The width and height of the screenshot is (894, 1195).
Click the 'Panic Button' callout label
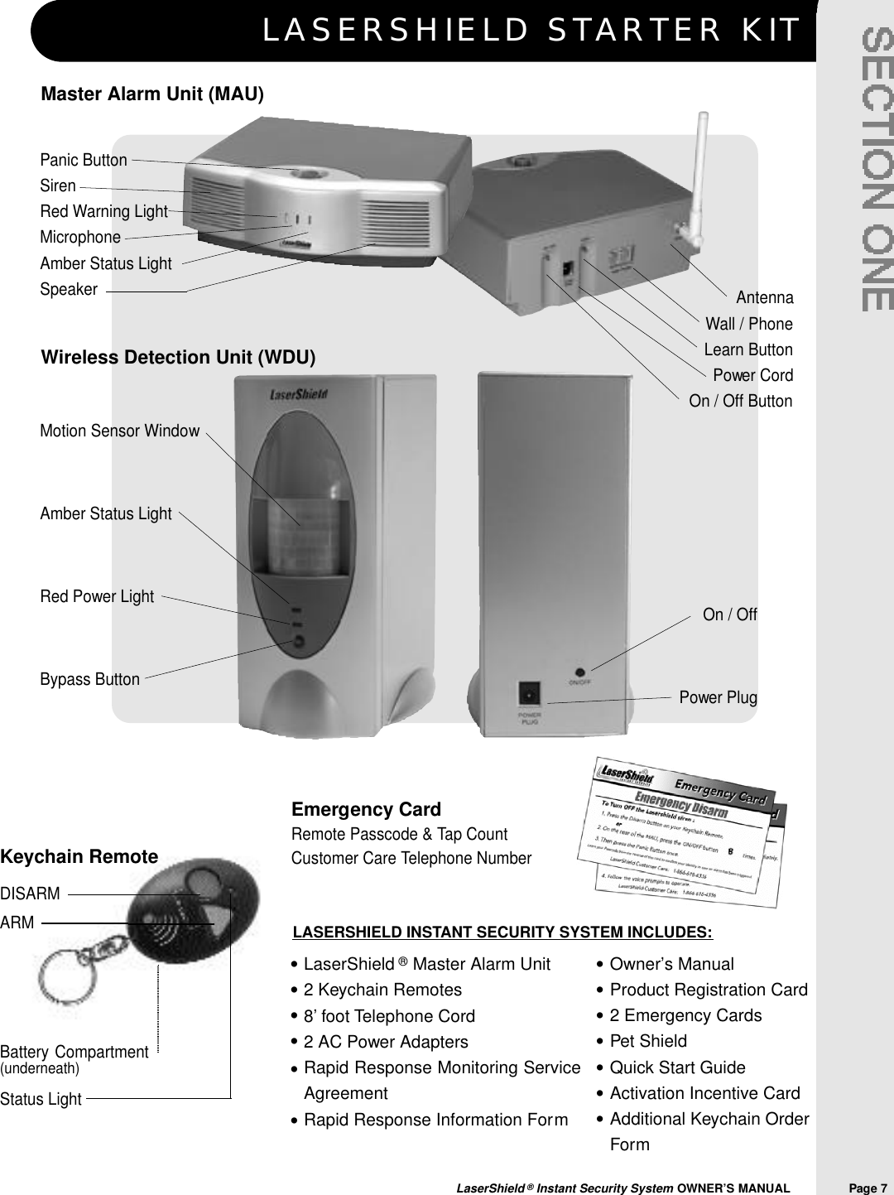84,160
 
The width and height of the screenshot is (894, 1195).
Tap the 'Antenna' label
764,297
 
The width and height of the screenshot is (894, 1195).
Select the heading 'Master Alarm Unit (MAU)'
152,94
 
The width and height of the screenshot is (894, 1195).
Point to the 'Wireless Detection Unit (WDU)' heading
179,358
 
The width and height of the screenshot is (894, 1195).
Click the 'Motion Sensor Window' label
120,431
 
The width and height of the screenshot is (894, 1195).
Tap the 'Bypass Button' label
90,679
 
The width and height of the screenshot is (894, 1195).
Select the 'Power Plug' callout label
718,697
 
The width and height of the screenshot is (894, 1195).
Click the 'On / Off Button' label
740,401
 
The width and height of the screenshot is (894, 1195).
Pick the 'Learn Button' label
747,349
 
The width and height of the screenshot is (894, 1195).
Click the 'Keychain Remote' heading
79,857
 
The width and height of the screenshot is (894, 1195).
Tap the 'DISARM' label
31,894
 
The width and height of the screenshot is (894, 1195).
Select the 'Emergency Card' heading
366,809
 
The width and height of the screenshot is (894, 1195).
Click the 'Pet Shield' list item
647,1041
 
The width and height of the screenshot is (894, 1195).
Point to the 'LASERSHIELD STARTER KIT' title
531,30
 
